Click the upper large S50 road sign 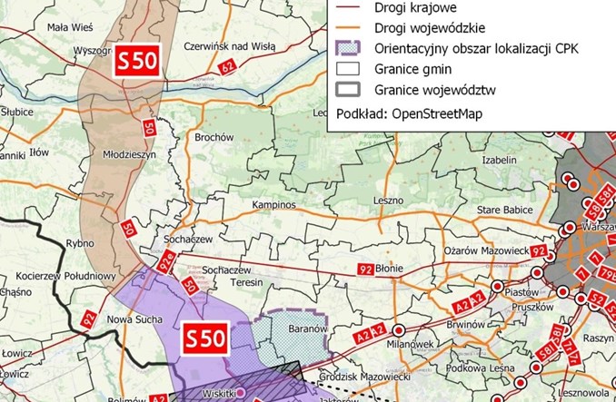[x=138, y=63]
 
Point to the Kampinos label [x=274, y=205]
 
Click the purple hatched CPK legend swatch [x=348, y=48]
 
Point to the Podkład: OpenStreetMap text [x=407, y=114]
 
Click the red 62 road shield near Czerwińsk [x=226, y=66]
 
